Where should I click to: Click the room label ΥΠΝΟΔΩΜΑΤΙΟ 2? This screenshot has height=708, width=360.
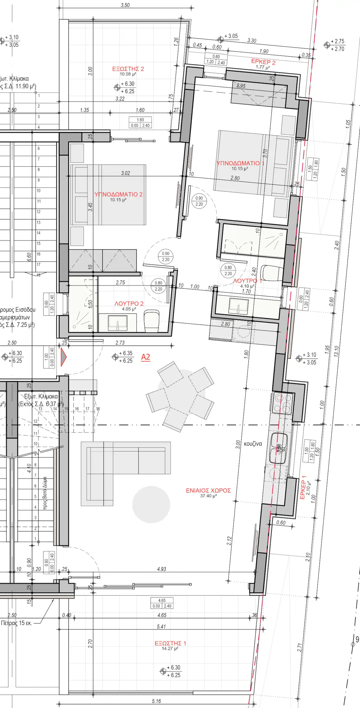coord(118,194)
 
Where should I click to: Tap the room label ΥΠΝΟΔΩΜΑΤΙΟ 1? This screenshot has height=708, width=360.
coord(240,163)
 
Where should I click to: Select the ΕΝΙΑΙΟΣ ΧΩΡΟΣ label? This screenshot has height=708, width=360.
coord(208,491)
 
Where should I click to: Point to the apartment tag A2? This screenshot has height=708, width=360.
coord(146,357)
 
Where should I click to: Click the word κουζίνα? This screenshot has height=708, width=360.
coord(253,444)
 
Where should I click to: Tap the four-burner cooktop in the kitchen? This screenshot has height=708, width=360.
coord(283,403)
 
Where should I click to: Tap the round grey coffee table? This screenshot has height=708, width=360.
coord(151,504)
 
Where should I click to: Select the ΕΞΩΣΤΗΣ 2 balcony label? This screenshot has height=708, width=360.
coord(128,69)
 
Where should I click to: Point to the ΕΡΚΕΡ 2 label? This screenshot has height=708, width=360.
coord(263,62)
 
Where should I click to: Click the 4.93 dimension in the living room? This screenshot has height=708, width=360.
coord(161,569)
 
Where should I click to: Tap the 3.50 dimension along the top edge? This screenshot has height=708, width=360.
coord(125,5)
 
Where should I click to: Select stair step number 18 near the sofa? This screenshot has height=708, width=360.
coord(98,409)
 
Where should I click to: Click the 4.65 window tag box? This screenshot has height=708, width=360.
coord(162,603)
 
